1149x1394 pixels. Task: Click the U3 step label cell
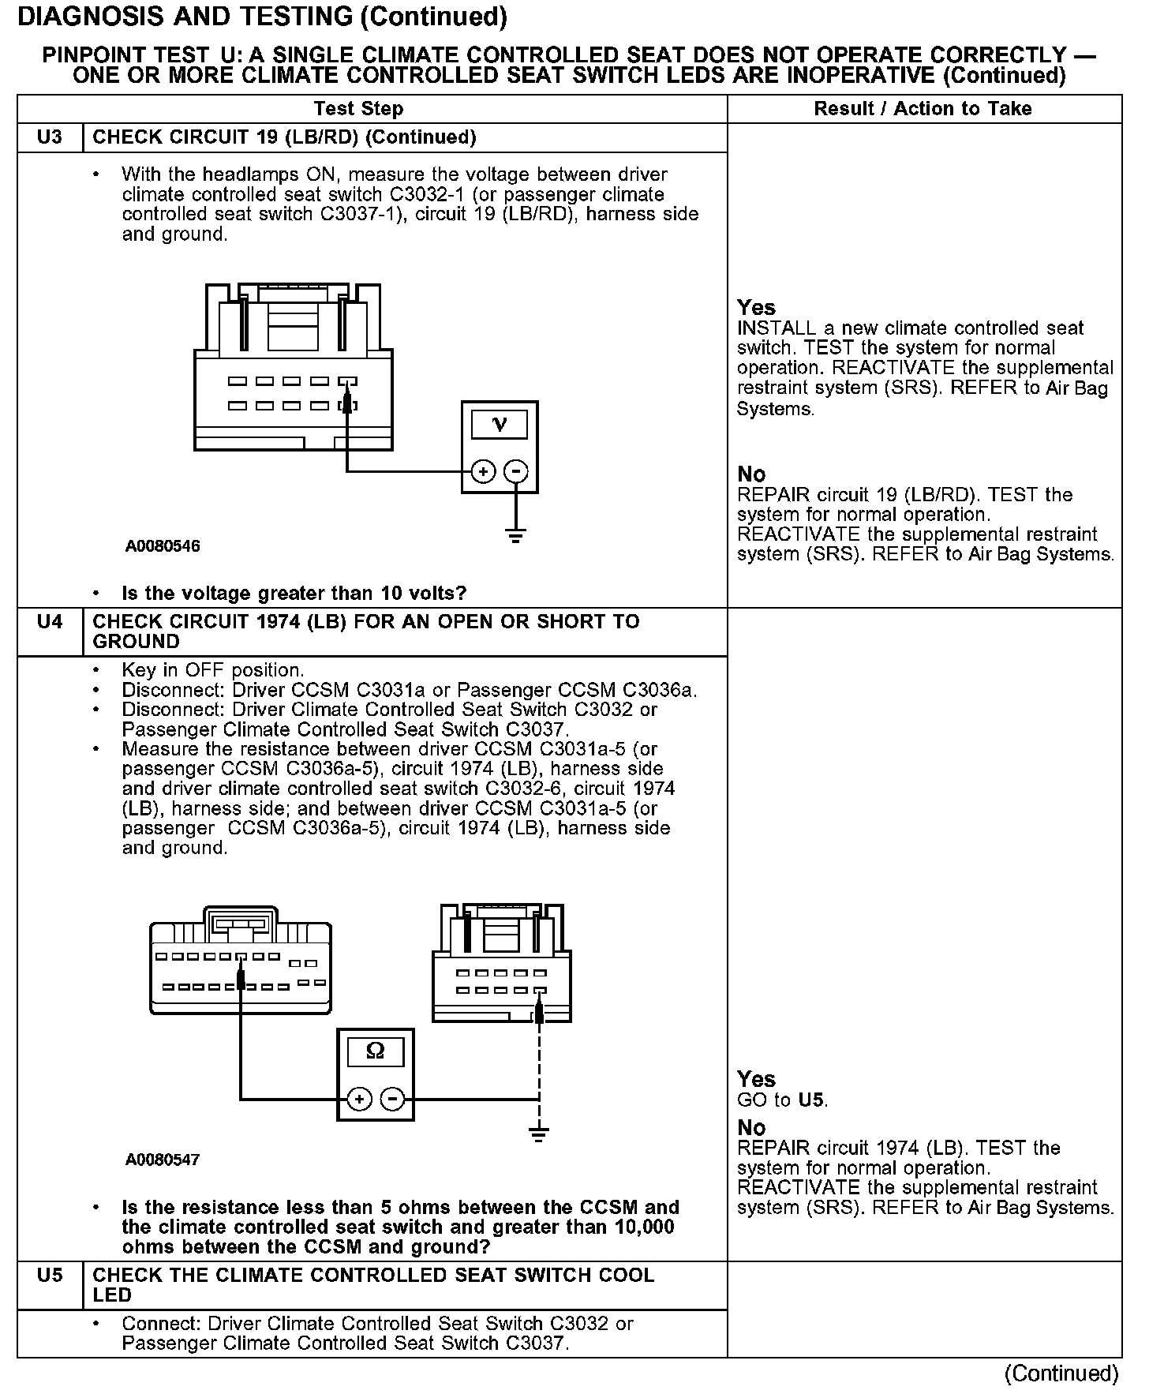pos(50,137)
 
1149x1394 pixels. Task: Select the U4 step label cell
pos(50,622)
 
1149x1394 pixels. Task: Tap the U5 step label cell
pos(50,1276)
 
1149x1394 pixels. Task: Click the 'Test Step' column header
pos(358,109)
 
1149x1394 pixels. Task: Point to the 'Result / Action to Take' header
pos(923,109)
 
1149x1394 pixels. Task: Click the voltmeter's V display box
pos(499,425)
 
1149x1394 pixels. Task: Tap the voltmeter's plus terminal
pos(483,472)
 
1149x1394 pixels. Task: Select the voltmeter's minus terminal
pos(515,472)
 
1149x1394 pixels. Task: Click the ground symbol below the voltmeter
pos(515,537)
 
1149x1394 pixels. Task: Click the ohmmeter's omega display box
pos(376,1051)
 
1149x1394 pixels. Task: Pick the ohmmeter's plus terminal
pos(359,1100)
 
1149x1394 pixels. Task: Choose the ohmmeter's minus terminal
pos(392,1100)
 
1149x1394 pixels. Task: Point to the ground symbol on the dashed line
pos(539,1135)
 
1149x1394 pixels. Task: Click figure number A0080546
pos(163,546)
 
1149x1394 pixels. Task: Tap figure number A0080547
pos(163,1160)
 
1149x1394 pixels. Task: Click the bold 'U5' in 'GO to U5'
pos(812,1100)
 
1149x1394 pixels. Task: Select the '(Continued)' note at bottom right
pos(1061,1373)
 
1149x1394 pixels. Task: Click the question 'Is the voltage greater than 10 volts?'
pos(294,593)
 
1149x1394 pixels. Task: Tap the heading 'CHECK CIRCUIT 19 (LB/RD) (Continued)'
pos(284,137)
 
